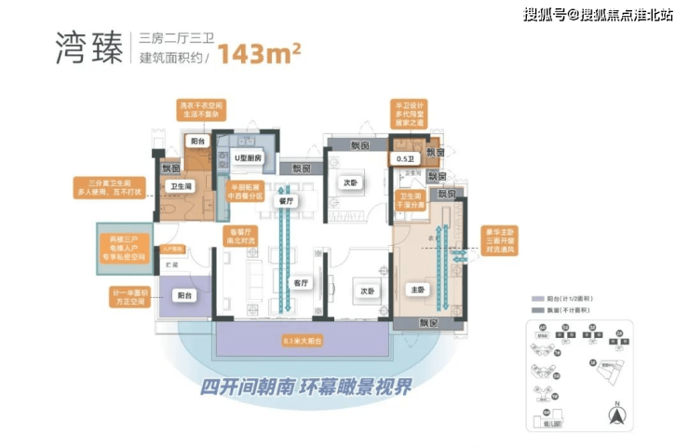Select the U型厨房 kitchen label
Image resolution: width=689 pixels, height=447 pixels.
247,159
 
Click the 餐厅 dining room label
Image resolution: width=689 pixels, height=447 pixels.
288,200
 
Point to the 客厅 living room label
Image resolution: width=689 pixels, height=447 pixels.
301,281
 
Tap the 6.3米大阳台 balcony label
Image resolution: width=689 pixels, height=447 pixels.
301,342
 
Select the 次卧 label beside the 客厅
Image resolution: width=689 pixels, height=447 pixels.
368,290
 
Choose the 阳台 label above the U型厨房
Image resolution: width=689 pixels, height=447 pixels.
197,142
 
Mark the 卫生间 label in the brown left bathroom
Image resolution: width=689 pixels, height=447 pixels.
181,186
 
